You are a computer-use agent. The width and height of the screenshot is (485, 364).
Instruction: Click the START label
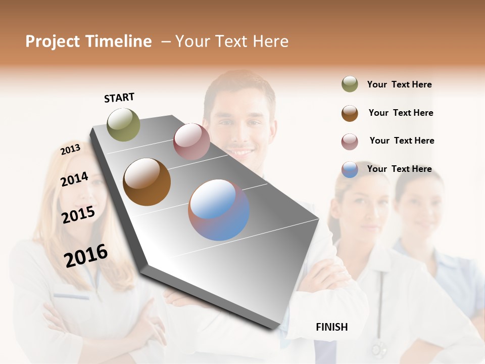(x=119, y=98)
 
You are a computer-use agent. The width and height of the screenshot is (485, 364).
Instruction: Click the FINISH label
(x=331, y=327)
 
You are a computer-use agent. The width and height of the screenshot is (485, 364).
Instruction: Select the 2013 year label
(x=70, y=149)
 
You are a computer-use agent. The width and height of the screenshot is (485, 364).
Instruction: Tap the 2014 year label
(x=74, y=179)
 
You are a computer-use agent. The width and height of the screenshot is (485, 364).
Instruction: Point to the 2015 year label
(x=78, y=215)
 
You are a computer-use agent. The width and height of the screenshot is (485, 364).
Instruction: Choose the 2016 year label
(x=86, y=255)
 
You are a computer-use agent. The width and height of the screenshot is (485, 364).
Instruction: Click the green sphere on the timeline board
(x=123, y=124)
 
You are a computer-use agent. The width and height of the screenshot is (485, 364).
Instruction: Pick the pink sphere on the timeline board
(x=191, y=142)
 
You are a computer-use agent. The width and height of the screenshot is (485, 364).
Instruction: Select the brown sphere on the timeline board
(x=147, y=182)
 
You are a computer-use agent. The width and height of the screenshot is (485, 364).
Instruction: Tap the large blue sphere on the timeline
(x=219, y=210)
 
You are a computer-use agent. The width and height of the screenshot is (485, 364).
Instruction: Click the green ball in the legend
(x=350, y=84)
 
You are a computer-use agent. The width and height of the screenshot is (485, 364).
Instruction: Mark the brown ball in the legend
(x=350, y=113)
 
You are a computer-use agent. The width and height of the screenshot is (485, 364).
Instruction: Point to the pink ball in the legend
(x=350, y=142)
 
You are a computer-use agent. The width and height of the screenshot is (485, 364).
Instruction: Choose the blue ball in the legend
(x=350, y=170)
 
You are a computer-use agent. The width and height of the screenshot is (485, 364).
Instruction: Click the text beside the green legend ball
(x=399, y=84)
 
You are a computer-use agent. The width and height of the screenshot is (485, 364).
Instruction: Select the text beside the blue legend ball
(x=399, y=169)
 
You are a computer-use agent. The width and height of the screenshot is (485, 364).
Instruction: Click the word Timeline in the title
(x=118, y=41)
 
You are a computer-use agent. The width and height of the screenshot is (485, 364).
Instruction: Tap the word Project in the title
(x=53, y=41)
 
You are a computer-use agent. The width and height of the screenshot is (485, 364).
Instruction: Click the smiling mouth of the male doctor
(x=241, y=151)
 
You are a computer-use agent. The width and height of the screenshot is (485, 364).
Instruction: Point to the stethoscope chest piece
(x=377, y=348)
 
